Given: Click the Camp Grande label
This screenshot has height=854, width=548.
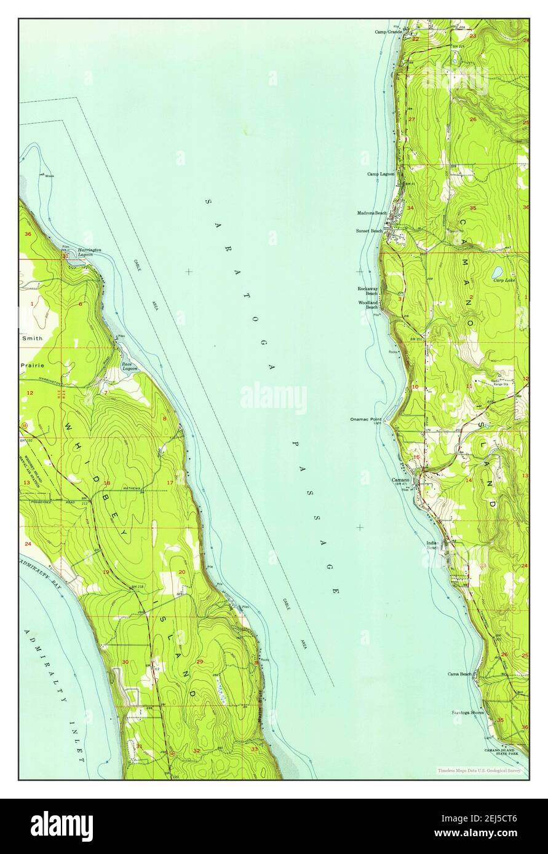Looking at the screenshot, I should (388, 31).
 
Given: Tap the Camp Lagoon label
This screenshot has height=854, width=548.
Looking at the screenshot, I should (381, 174).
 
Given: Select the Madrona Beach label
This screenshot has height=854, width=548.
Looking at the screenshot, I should (371, 213).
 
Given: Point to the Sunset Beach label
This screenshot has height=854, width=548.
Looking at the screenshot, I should (368, 231).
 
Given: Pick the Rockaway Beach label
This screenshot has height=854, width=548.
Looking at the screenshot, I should (368, 291).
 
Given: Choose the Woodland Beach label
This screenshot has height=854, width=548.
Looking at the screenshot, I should (368, 304).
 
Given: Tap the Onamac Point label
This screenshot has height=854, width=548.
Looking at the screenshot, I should (365, 419).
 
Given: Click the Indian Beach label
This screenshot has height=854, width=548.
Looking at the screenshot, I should (434, 544).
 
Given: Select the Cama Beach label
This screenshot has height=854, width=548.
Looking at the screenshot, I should (459, 674).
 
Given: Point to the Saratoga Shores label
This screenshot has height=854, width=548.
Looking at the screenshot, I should (469, 713).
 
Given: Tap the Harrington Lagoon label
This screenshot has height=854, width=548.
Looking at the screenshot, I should (89, 253).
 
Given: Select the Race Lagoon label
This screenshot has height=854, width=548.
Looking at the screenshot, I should (129, 366).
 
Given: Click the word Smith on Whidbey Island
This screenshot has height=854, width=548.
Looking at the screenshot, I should (32, 338).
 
